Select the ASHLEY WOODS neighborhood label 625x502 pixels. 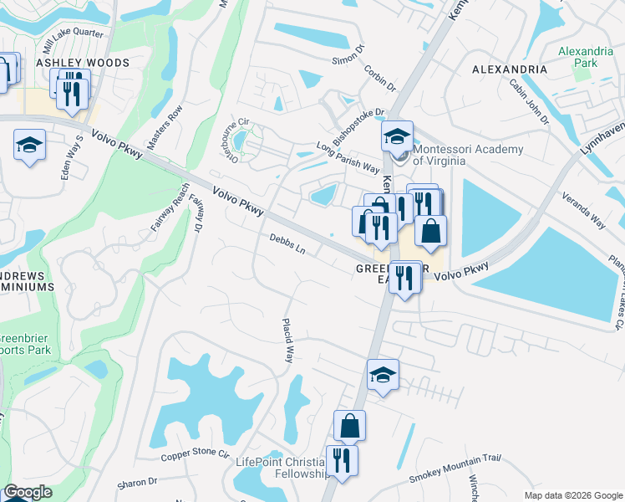click(83, 63)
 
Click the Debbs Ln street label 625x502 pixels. click(287, 244)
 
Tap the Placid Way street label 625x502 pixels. click(288, 340)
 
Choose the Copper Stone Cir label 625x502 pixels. click(195, 455)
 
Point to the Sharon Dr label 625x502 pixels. click(138, 483)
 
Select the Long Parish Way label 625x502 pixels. click(348, 159)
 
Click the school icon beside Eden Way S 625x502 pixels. click(29, 146)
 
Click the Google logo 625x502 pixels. click(28, 493)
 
